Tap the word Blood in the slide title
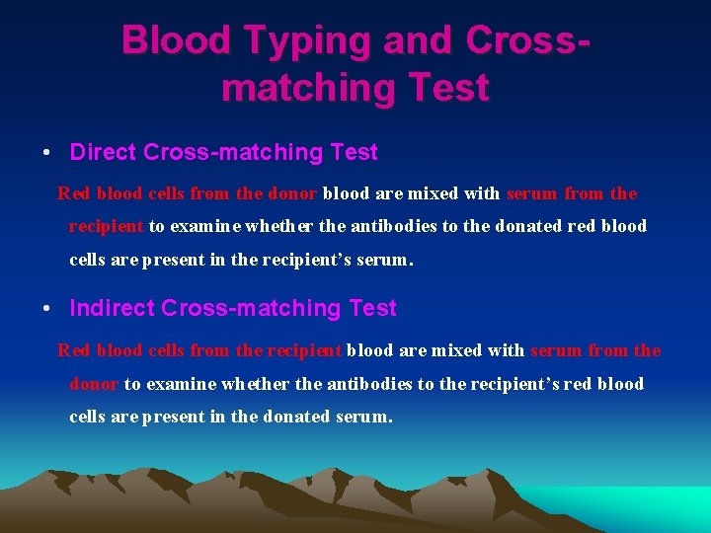[x=174, y=39]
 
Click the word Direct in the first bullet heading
[x=104, y=152]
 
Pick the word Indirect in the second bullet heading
[x=112, y=308]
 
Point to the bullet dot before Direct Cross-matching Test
[x=47, y=153]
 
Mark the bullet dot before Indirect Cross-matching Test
[x=47, y=309]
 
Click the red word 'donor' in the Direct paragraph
[x=295, y=193]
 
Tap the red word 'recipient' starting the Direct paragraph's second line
[x=106, y=226]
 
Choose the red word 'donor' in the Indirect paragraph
[x=94, y=384]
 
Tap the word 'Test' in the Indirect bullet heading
[x=372, y=308]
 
